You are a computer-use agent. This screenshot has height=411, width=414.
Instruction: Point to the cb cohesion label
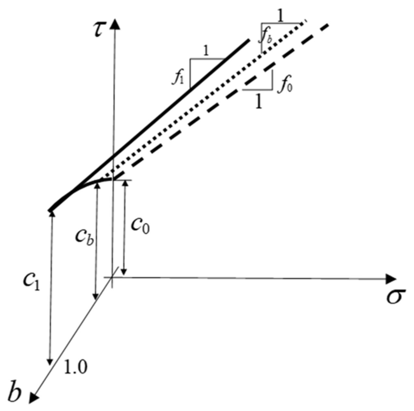pyautogui.click(x=84, y=236)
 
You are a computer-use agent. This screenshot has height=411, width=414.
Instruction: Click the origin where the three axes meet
pyautogui.click(x=112, y=278)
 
